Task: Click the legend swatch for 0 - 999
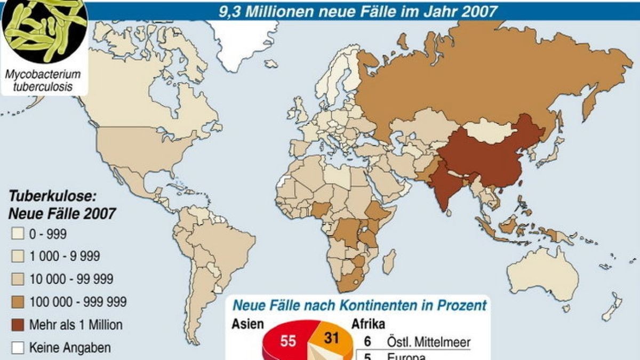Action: pyautogui.click(x=18, y=234)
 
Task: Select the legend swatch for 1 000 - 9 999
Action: pyautogui.click(x=18, y=257)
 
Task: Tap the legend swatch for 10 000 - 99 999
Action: pyautogui.click(x=18, y=279)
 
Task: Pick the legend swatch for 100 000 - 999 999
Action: pyautogui.click(x=18, y=302)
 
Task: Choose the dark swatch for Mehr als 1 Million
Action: pyautogui.click(x=18, y=325)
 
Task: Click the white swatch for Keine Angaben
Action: pyautogui.click(x=18, y=348)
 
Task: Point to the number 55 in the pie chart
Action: pyautogui.click(x=288, y=341)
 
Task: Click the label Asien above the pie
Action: pyautogui.click(x=247, y=323)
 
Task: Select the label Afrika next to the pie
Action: pyautogui.click(x=368, y=323)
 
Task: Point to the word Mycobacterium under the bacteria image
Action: pyautogui.click(x=43, y=74)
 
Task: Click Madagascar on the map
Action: pyautogui.click(x=390, y=262)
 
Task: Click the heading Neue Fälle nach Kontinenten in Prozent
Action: pyautogui.click(x=360, y=306)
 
